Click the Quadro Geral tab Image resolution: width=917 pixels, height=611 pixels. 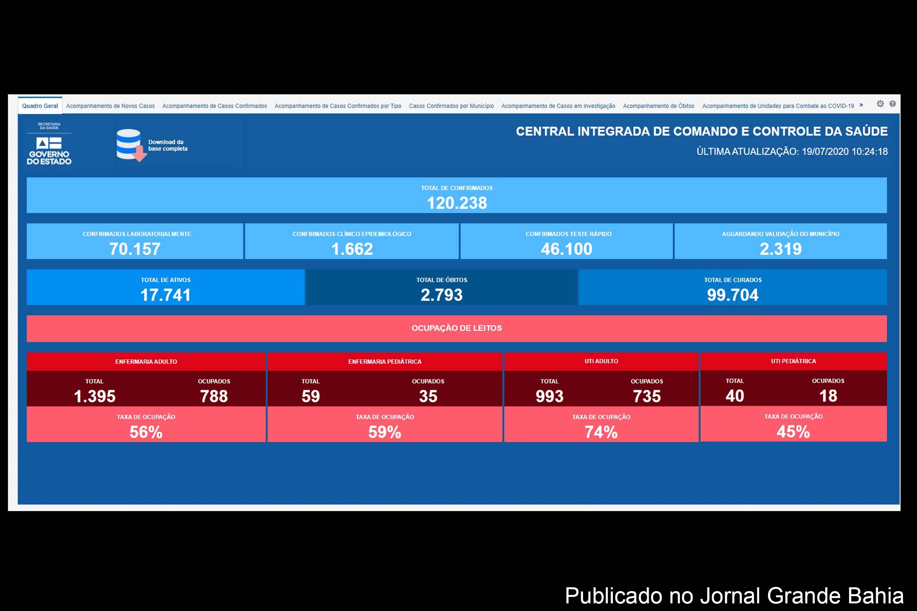40,106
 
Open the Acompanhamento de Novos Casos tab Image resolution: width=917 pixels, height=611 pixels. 110,106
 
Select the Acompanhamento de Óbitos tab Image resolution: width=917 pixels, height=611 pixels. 658,106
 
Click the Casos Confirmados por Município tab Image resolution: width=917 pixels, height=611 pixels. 451,106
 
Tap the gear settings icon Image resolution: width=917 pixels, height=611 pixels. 880,103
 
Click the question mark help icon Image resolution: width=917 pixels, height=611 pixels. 893,103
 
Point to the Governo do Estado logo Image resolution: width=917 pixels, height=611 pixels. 49,150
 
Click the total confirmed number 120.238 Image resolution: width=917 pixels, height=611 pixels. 457,203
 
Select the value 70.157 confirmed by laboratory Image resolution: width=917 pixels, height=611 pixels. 135,249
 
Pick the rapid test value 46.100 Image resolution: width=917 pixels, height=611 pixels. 567,249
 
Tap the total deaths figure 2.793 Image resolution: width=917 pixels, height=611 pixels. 441,295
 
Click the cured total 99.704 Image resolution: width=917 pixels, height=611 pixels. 732,295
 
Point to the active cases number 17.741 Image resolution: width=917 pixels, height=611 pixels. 166,295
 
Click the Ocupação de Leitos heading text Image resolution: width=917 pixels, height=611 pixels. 457,328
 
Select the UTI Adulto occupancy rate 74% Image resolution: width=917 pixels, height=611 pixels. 601,432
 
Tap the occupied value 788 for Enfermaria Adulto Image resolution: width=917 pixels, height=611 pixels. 214,396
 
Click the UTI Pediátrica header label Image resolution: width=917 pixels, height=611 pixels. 793,361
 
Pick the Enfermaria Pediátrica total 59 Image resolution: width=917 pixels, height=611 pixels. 310,396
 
